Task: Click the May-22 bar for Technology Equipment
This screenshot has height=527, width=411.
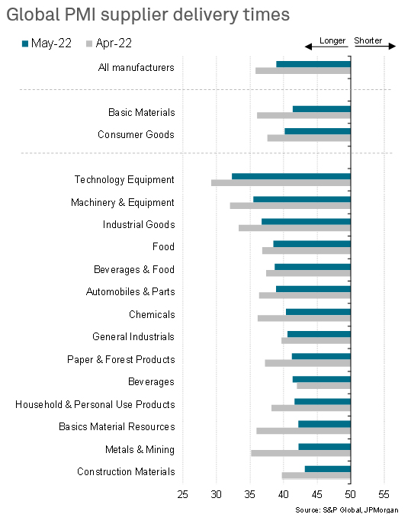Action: point(291,176)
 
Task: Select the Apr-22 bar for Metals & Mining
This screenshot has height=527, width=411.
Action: point(300,453)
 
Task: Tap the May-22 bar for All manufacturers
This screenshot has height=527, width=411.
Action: point(313,64)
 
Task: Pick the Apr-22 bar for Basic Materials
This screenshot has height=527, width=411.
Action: point(303,115)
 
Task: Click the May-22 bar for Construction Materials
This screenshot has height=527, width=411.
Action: point(328,469)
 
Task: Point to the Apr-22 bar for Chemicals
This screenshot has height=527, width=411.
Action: point(304,318)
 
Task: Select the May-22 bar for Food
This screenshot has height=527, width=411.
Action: point(312,244)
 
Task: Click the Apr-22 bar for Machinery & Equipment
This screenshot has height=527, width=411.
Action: point(291,205)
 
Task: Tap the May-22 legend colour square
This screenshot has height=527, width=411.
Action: point(25,43)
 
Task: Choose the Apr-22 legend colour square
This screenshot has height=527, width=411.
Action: point(89,43)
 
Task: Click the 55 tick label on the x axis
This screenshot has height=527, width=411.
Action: point(384,494)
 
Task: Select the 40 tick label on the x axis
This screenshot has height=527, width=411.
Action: point(284,494)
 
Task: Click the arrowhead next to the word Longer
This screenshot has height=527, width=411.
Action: point(308,47)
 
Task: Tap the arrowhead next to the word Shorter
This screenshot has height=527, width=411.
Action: point(392,46)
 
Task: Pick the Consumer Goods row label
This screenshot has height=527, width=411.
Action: point(136,135)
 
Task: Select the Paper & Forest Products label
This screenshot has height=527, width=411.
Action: point(121,360)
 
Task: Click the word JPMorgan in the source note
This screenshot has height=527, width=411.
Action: point(381,510)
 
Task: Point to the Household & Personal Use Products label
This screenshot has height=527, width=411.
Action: point(95,404)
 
